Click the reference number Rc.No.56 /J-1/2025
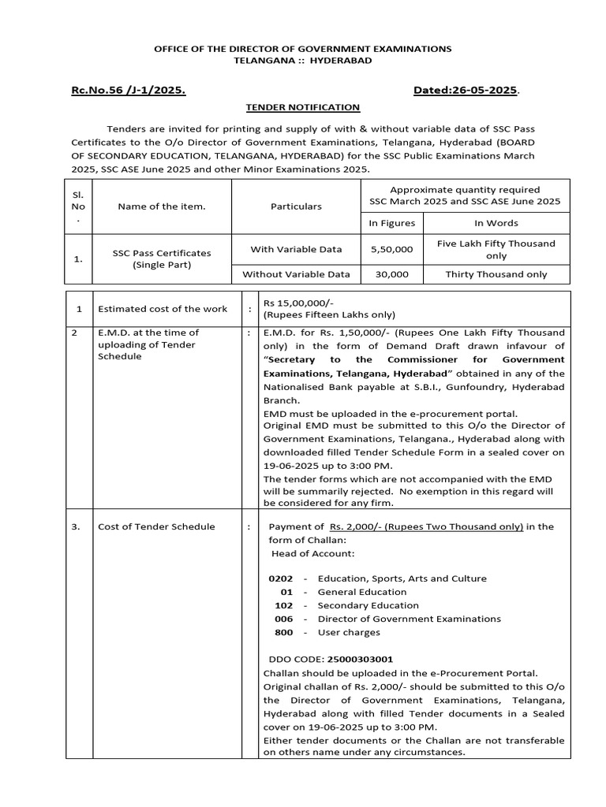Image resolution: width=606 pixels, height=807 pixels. point(128,91)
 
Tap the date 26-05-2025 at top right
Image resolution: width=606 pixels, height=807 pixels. point(466,91)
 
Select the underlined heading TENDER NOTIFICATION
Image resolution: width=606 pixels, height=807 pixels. point(302,107)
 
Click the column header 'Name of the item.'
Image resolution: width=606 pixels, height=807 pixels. point(161,206)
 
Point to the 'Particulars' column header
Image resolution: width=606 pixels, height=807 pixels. point(296,206)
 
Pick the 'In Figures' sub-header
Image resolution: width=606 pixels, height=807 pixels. point(391,224)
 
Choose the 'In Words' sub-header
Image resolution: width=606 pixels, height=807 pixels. point(496,224)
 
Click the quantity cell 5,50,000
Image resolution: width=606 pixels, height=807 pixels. point(391,249)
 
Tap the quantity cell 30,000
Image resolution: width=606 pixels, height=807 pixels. point(391,274)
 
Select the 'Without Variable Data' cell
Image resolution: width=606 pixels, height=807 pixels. point(296,274)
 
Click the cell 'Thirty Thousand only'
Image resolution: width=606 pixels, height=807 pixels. point(496,274)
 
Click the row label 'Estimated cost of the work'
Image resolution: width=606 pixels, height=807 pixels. point(162,308)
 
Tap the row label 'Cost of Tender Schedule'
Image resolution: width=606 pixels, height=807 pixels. point(155,526)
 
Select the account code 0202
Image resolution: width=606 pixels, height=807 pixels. point(280,578)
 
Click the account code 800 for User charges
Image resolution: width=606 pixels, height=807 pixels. point(284,632)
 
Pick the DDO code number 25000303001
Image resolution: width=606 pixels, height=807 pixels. point(359,659)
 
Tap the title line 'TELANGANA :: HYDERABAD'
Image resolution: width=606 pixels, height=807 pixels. point(302,60)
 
